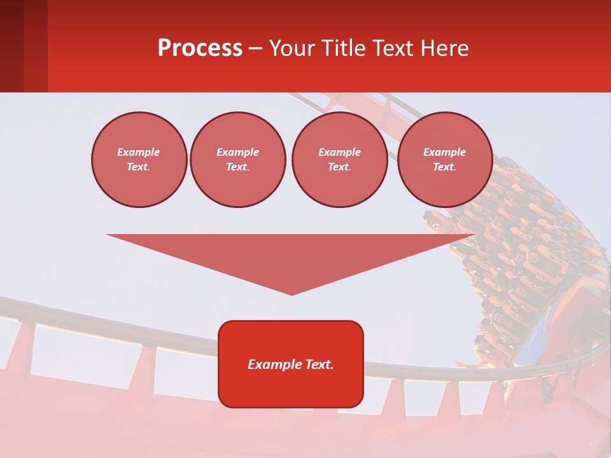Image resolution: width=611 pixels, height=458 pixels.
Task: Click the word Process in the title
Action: (200, 48)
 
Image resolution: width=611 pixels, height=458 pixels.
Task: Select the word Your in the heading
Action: (293, 48)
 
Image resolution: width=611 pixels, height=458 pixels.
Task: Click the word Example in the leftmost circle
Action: (139, 152)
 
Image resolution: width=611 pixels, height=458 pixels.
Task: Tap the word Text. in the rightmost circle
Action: (445, 167)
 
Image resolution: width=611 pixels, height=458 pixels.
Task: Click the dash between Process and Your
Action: (256, 48)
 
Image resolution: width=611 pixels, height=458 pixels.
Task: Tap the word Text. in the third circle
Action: (340, 167)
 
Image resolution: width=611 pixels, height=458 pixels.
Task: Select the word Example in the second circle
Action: (238, 152)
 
